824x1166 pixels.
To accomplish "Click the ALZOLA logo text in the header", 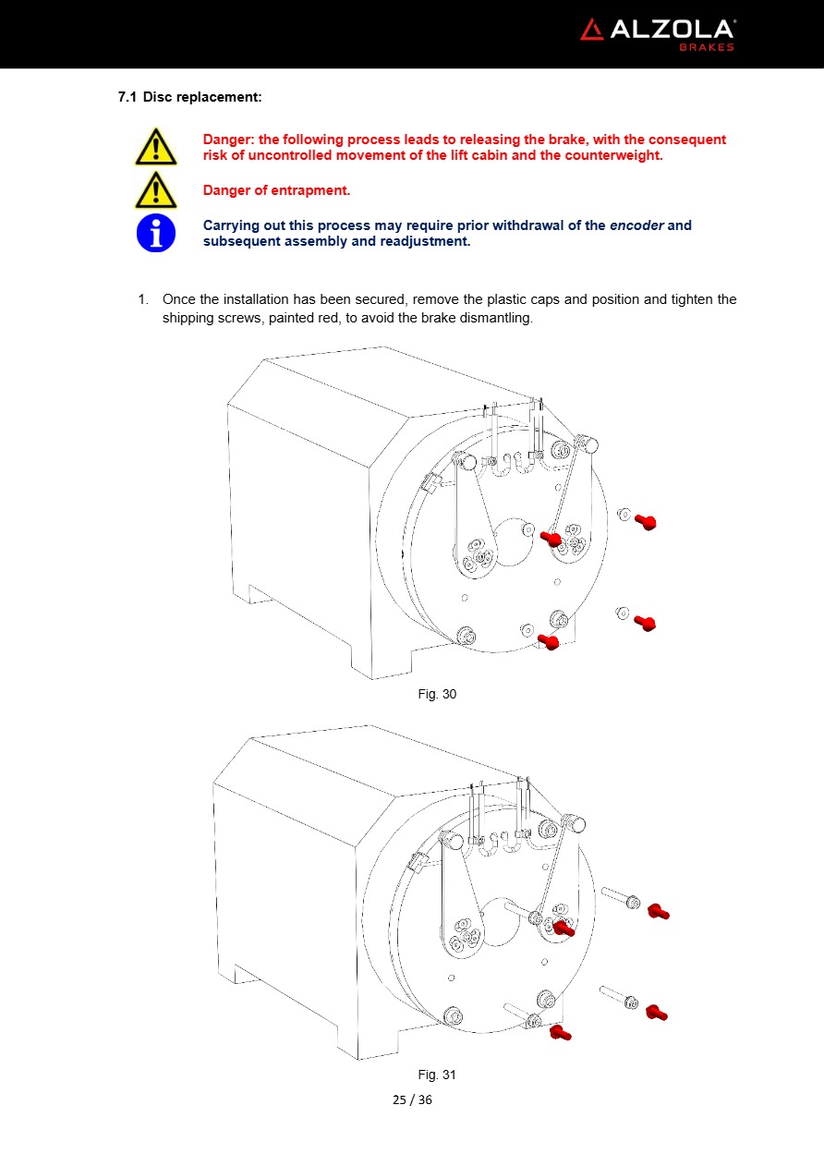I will coord(672,30).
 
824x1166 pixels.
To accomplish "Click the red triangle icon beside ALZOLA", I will coord(592,30).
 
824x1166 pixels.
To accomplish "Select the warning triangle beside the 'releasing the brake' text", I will coord(155,147).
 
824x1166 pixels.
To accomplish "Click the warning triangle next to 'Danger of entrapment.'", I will coord(155,189).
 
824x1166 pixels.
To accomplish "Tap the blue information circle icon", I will coord(156,232).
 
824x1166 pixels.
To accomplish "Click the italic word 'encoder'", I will coord(636,225).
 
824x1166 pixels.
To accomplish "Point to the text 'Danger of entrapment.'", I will coord(276,191).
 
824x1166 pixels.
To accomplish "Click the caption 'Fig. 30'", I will coord(437,694).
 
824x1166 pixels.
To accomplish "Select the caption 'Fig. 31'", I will coord(437,1075).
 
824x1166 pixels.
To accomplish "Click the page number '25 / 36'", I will coord(412,1099).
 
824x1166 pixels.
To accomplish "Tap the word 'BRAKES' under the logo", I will coord(707,47).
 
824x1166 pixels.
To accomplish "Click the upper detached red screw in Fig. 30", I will coord(646,522).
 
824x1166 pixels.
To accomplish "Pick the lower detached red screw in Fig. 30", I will coord(645,623).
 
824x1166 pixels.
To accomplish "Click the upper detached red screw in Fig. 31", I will coord(658,912).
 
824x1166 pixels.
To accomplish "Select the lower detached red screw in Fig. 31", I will coord(656,1013).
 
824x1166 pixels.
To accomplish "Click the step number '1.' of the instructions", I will coord(143,299).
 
